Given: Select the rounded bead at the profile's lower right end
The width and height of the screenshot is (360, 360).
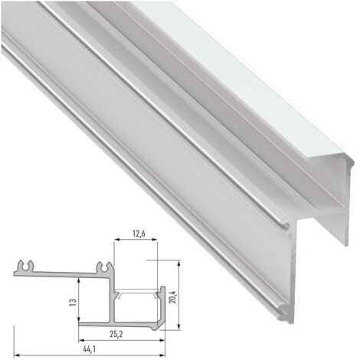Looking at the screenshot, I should point(284,310).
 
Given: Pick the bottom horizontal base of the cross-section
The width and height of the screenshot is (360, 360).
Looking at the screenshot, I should point(123,322).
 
